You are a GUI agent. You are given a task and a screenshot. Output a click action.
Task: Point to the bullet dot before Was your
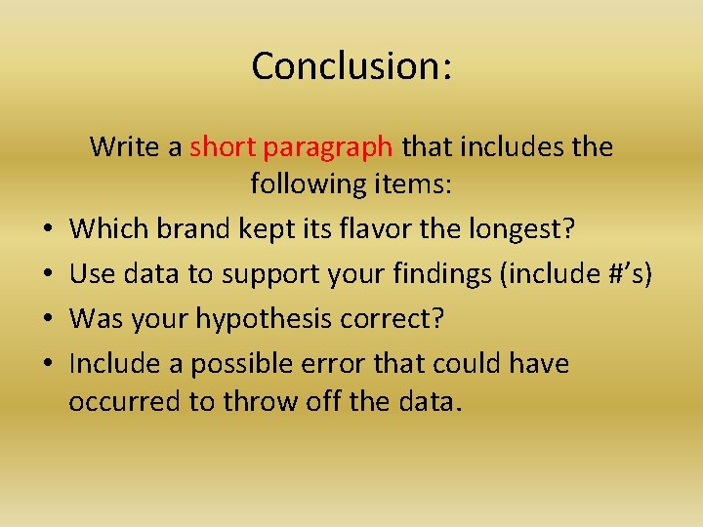[47, 319]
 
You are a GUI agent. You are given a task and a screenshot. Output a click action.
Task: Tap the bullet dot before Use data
[47, 275]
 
